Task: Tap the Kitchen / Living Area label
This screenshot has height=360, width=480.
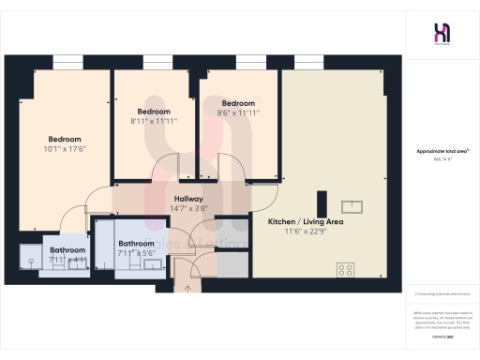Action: (x=306, y=221)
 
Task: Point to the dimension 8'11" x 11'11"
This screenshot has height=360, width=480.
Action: (x=154, y=121)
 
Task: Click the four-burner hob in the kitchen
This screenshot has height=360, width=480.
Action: (x=345, y=269)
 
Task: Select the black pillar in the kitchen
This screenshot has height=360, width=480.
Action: (x=322, y=203)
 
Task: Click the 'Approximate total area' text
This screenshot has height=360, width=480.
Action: (x=442, y=150)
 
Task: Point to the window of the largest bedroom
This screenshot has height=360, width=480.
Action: (x=66, y=62)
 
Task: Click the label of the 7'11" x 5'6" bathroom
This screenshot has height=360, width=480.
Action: (x=136, y=244)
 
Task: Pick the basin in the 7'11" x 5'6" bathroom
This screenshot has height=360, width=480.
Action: (x=152, y=265)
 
